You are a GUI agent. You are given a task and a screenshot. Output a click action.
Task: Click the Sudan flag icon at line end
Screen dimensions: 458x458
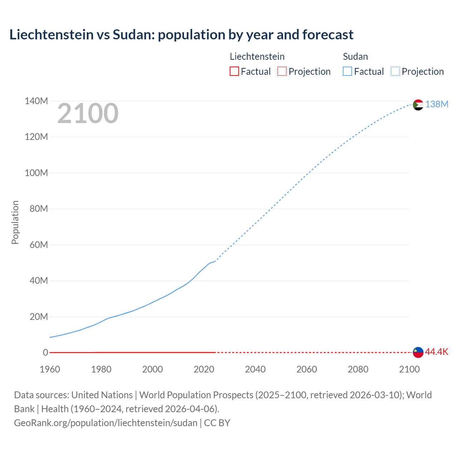pos(418,105)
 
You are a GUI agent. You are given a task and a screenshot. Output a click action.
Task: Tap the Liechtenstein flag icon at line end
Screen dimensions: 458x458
pos(418,352)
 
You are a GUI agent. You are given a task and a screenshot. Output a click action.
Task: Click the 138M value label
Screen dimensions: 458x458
pos(437,104)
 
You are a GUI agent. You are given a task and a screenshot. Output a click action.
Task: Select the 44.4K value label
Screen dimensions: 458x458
pos(437,352)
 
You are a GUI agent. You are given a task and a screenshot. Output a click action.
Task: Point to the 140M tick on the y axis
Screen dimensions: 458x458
pos(36,101)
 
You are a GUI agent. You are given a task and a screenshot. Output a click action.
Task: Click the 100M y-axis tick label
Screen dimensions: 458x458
pos(36,173)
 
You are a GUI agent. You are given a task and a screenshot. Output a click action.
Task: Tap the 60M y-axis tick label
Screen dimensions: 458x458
pos(39,245)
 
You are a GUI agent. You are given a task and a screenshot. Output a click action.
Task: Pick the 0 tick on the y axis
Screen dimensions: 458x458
pos(45,353)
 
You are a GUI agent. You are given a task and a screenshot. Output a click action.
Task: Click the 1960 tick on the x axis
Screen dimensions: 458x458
pos(50,369)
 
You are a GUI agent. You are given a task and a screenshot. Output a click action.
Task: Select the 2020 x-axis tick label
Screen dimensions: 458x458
pos(204,369)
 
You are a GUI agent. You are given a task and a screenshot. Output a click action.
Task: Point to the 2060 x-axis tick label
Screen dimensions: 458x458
pos(307,369)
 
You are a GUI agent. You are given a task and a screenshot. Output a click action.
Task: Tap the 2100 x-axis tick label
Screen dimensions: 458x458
pos(409,369)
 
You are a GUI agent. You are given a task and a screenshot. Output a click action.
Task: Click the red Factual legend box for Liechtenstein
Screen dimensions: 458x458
pos(234,72)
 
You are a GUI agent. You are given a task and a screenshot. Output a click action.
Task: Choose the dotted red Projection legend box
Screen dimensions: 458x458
pos(282,72)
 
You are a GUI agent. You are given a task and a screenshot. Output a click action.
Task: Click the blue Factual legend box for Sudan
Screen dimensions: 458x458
pos(347,72)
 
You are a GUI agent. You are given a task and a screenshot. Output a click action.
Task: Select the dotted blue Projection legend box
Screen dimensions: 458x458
pos(395,72)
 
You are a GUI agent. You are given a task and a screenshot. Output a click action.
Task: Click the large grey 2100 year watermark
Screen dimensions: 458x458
pos(88,113)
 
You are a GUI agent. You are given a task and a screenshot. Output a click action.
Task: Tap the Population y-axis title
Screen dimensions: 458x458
pos(15,223)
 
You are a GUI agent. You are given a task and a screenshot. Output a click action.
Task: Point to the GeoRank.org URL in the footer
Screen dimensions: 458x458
pos(106,423)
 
